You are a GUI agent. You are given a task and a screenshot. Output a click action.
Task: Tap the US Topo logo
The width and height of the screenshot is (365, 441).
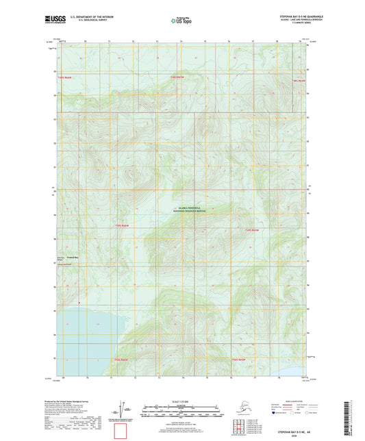point(181,22)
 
